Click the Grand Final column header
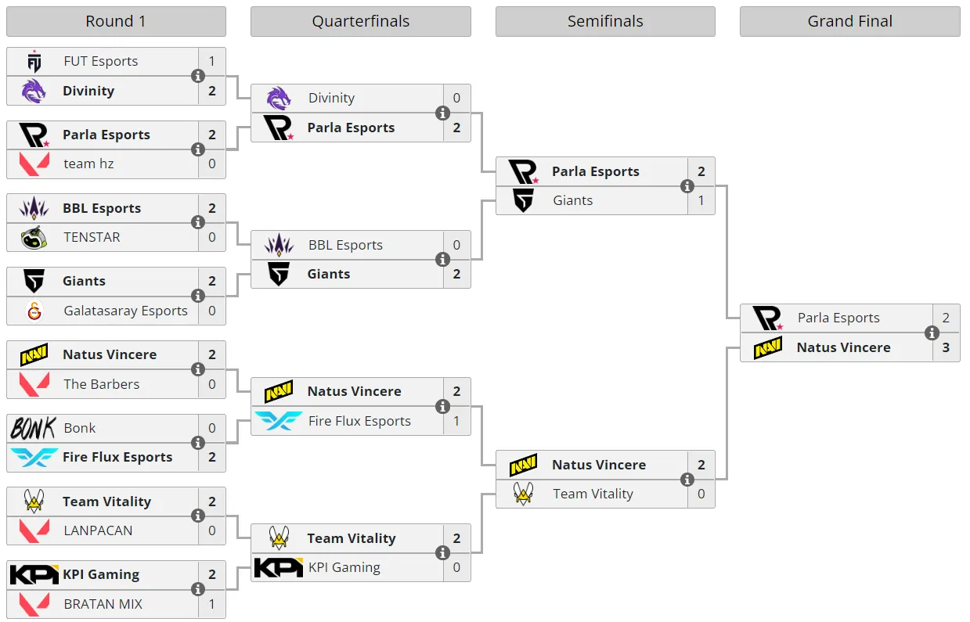849,21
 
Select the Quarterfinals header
361,21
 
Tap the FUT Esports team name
100,61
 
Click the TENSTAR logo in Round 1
34,237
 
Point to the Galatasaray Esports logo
34,311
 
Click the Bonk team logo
34,428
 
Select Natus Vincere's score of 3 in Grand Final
946,347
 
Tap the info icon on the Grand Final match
932,333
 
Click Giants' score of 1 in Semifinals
701,200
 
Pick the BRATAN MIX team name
103,604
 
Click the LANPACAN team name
98,530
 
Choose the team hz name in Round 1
88,164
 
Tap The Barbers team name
101,384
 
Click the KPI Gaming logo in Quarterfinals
279,567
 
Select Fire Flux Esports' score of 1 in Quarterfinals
456,421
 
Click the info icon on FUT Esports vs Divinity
198,76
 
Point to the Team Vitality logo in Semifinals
523,494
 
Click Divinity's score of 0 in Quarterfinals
456,98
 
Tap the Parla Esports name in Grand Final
838,318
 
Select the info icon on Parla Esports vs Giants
687,186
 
